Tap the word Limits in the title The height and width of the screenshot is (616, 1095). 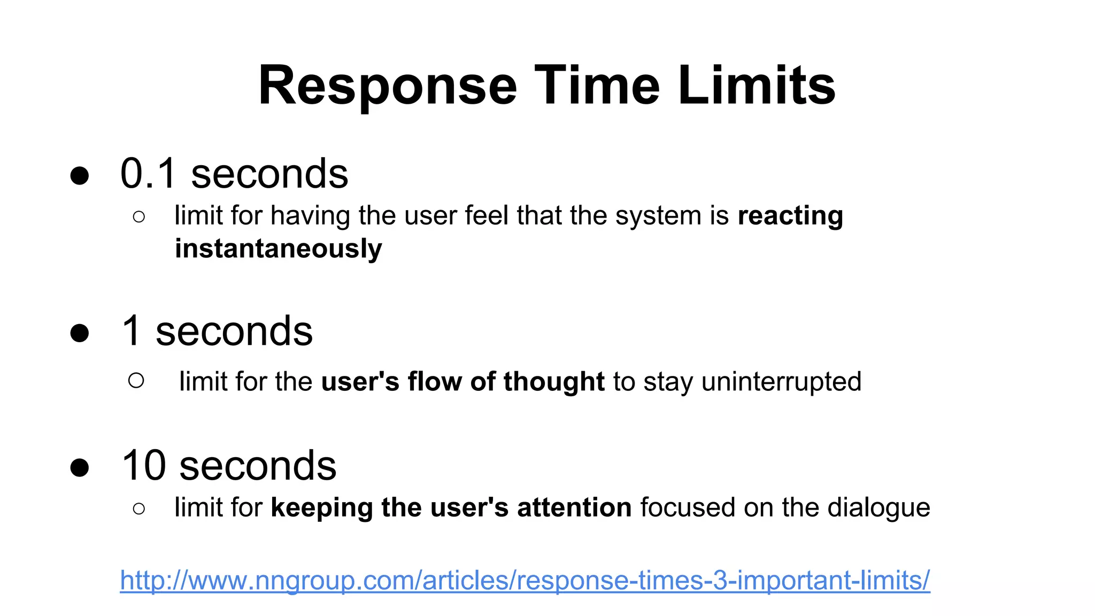point(757,86)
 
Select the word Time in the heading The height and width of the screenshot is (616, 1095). point(597,86)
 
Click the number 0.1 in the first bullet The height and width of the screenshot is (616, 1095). point(148,174)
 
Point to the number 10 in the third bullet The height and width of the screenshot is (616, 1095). point(144,465)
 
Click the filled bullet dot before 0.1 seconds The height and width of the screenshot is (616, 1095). point(80,176)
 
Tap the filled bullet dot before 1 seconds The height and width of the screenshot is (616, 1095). point(80,333)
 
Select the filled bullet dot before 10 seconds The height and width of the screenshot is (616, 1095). point(80,467)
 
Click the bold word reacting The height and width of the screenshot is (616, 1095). point(790,216)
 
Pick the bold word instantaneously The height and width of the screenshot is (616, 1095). point(279,249)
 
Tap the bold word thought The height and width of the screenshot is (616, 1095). point(554,382)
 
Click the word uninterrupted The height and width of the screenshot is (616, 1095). point(781,382)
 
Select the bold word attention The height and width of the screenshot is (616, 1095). point(574,507)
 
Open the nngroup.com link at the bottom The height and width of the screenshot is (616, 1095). point(525,581)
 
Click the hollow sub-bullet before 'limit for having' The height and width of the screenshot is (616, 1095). point(139,217)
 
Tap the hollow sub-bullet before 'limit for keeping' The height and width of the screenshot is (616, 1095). point(139,509)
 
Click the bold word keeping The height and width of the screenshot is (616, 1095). point(322,508)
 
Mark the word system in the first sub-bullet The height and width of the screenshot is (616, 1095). point(658,216)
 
